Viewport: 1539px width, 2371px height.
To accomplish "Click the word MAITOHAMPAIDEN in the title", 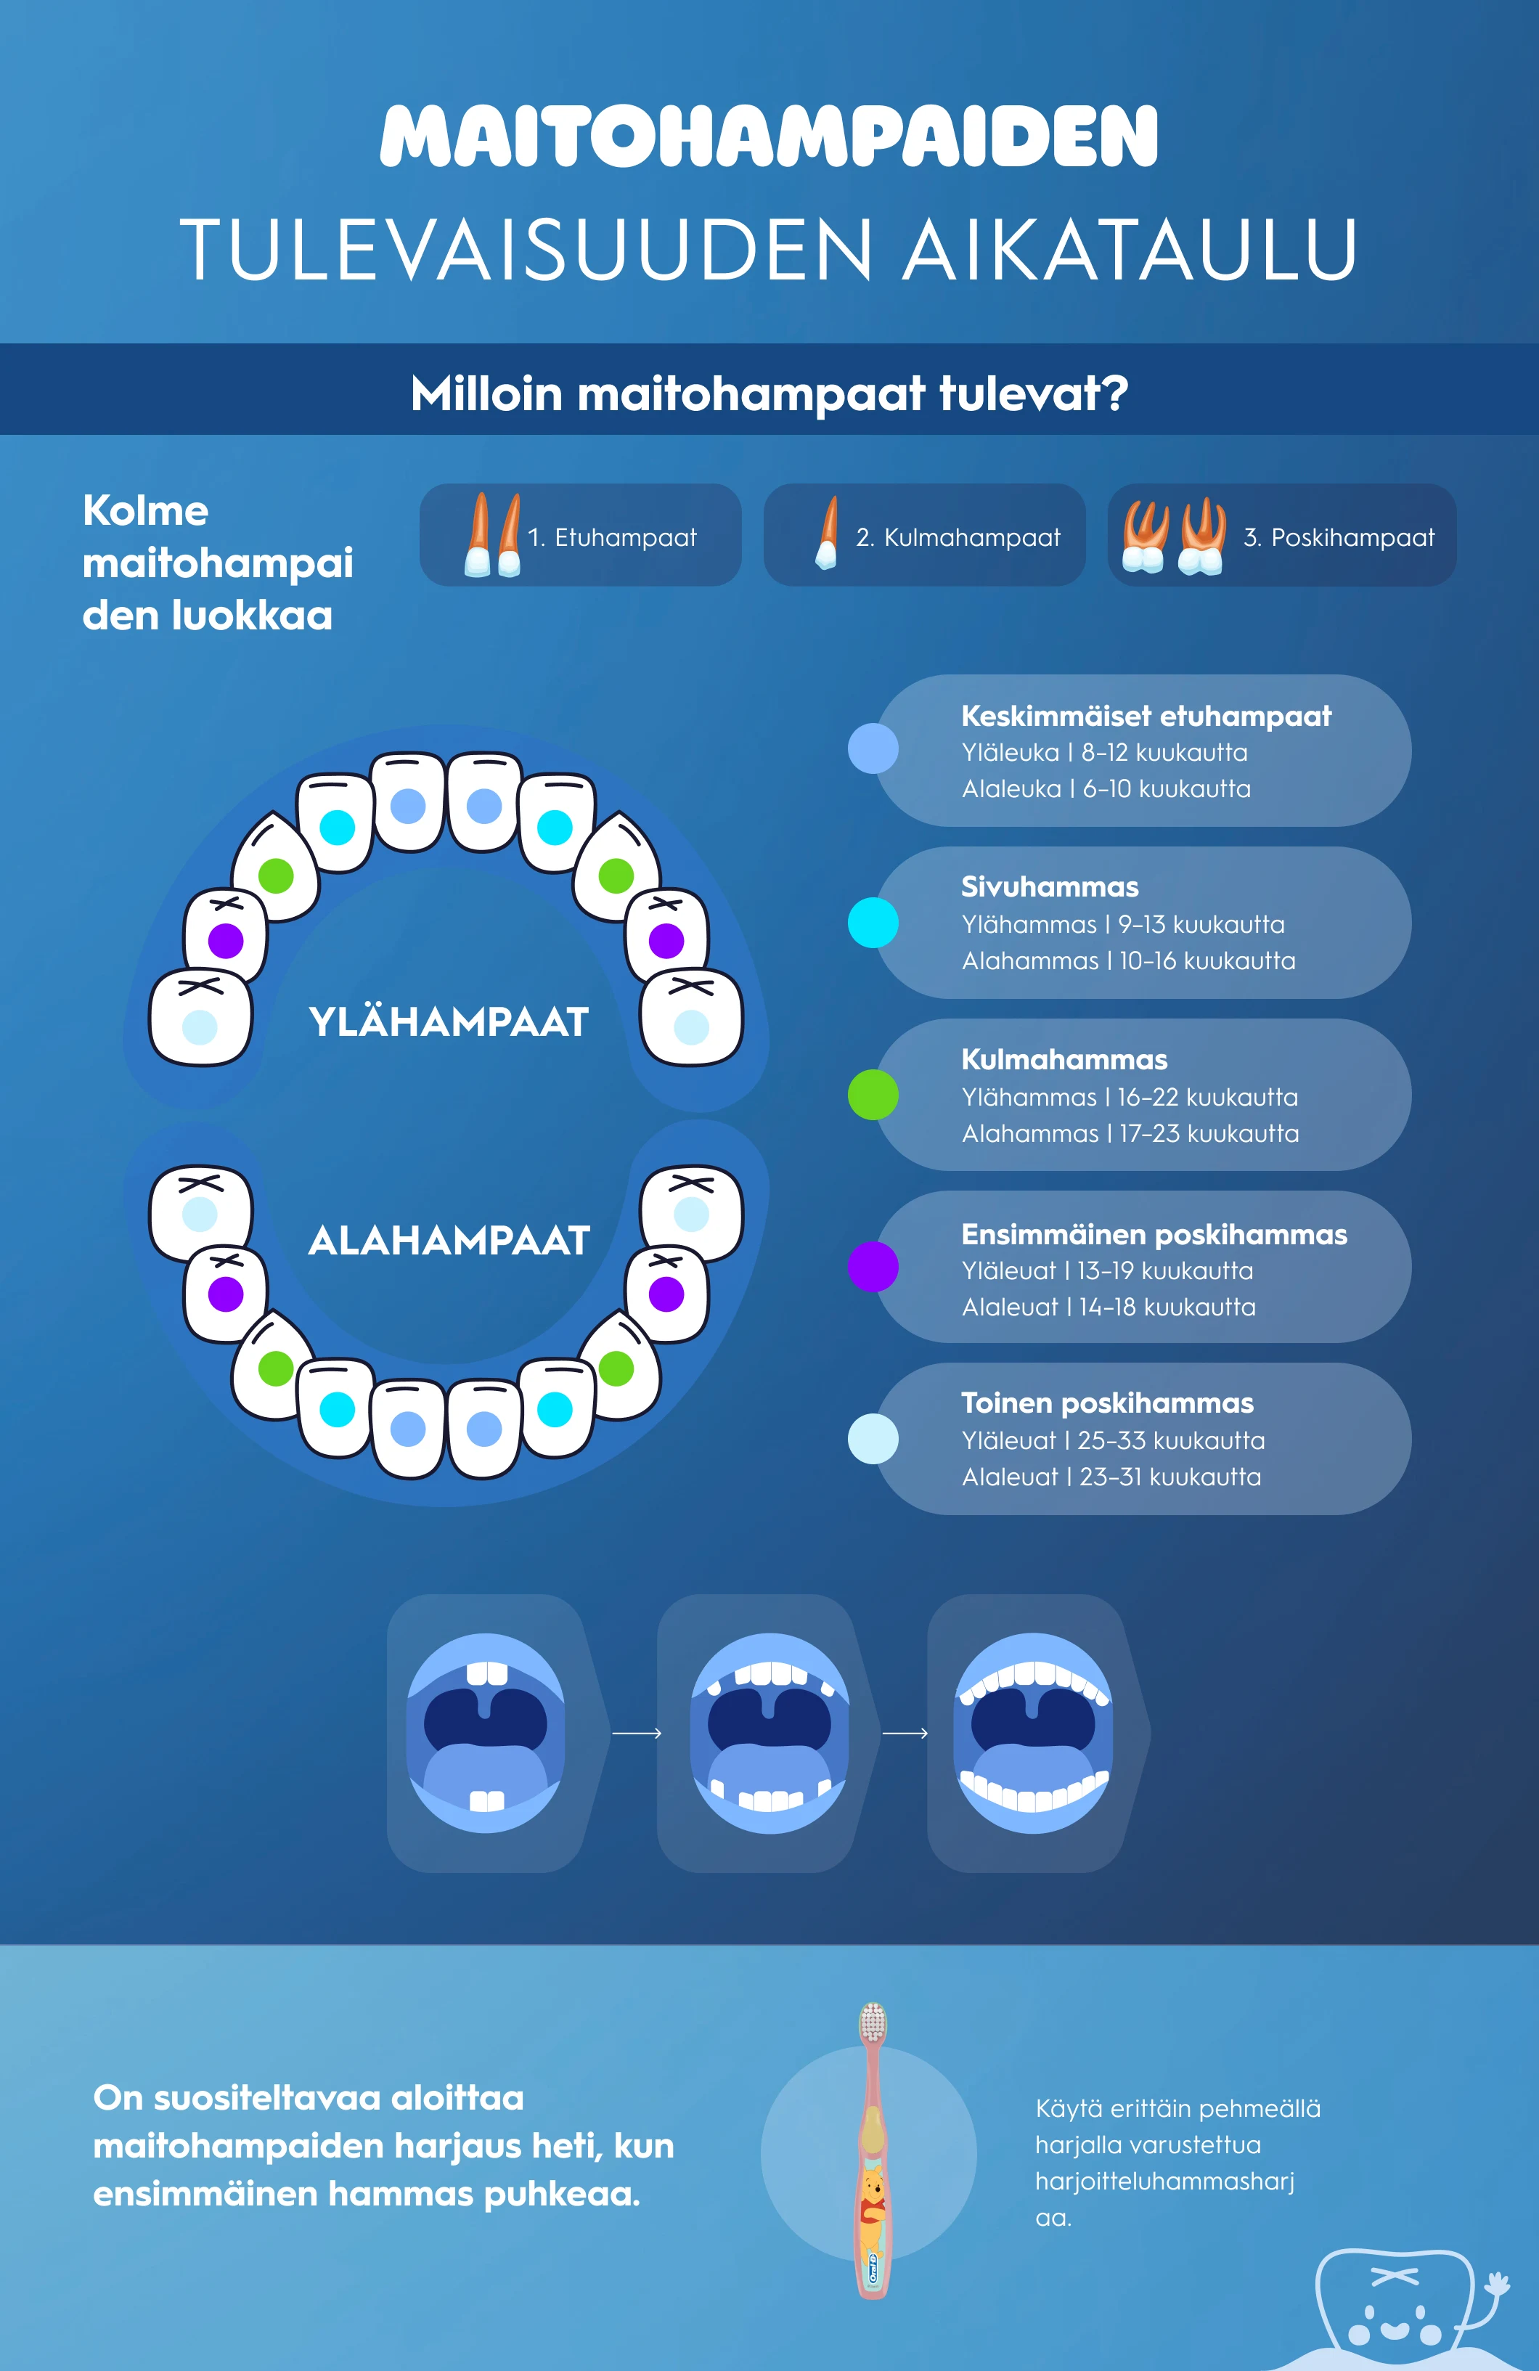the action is pos(769,136).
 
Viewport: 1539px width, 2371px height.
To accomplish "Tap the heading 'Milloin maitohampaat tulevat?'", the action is pos(769,393).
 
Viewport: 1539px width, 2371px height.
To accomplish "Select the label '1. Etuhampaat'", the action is pos(612,538).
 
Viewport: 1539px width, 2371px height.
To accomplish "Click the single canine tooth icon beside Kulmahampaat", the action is pos(827,534).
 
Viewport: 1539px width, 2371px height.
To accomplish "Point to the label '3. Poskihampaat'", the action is pos(1339,538).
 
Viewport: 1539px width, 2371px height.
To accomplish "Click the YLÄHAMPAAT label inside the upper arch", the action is pos(449,1022).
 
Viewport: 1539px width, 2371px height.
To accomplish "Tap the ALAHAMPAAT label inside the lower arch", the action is pos(449,1240).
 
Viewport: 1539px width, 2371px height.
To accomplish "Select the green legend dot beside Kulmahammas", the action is pos(873,1095).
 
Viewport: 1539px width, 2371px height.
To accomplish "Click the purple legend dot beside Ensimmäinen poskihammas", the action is pos(873,1268).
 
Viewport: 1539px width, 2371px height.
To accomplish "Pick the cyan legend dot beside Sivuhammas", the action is pos(873,923).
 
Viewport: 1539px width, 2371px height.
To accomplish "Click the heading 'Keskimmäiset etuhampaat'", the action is pos(1146,717).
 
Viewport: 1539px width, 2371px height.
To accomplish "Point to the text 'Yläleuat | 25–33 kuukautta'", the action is pos(1114,1440).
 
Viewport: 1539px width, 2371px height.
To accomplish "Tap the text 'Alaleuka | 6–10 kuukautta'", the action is pos(1106,789).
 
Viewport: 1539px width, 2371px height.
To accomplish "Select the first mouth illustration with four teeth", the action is pos(486,1734).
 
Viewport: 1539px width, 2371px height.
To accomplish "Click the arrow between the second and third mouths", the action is pos(905,1734).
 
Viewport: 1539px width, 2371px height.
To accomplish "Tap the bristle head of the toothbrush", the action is pos(873,2023).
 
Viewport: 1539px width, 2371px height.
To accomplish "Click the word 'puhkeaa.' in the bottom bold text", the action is pos(562,2195).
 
